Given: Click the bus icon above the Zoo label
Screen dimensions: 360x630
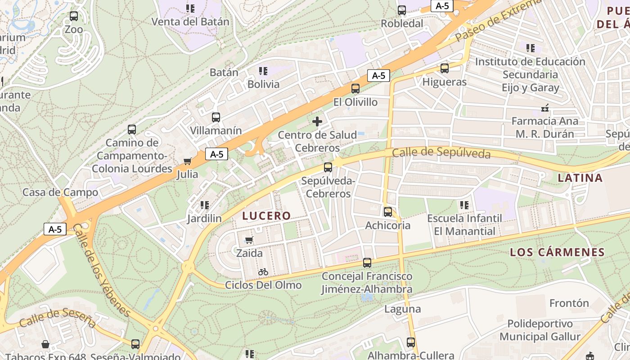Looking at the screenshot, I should tap(74, 16).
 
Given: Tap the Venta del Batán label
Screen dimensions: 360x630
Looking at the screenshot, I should tap(190, 22).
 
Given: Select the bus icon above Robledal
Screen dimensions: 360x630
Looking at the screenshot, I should tap(402, 10).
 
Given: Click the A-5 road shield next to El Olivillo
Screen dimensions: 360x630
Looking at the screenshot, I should tap(378, 76).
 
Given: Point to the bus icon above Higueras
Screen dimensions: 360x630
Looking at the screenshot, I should tap(445, 68).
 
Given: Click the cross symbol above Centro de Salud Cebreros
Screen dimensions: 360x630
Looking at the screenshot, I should tap(317, 121).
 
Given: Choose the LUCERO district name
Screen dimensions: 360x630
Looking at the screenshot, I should tap(266, 216).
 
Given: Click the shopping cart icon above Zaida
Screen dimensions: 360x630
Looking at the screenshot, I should tap(249, 240).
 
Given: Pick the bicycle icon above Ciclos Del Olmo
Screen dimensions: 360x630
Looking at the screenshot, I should tap(263, 272).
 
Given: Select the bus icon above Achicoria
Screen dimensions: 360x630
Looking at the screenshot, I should tap(388, 211).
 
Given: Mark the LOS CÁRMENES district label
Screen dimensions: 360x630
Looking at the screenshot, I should tap(557, 252).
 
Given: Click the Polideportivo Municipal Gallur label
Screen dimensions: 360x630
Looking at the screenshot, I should tap(540, 330).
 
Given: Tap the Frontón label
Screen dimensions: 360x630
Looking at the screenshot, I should tap(569, 303).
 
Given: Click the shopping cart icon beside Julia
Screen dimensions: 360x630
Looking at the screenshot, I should tap(188, 161).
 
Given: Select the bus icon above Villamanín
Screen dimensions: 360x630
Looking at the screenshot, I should tap(216, 117).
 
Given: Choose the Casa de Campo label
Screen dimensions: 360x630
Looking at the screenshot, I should tap(60, 193).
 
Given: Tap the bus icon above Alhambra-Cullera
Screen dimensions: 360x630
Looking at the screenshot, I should tap(411, 342).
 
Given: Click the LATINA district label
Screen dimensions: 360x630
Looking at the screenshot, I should tap(580, 178).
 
